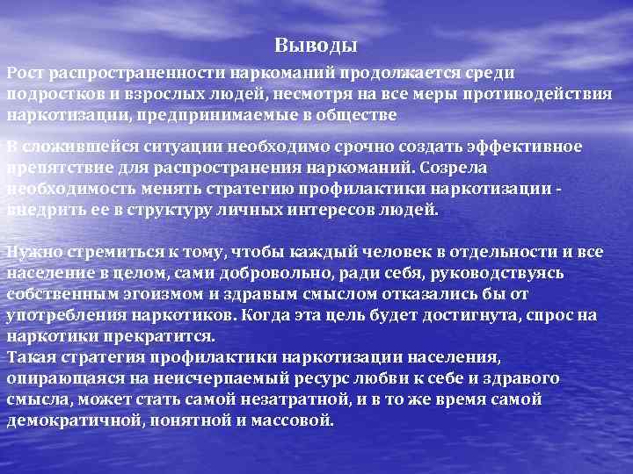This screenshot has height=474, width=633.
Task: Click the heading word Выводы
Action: coord(316,45)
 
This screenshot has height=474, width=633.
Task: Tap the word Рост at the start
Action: coord(25,74)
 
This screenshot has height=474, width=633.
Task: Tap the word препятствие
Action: coord(57,167)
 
